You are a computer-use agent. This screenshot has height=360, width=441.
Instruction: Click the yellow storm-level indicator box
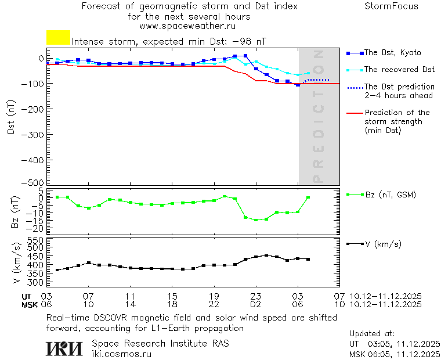[x=58, y=37]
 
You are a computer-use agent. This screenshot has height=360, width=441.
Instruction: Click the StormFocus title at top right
[x=391, y=6]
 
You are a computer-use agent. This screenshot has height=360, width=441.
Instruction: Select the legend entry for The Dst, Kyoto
[x=392, y=53]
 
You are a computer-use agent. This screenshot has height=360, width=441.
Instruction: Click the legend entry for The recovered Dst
[x=399, y=70]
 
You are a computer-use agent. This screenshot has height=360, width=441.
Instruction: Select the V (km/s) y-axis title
[x=16, y=265]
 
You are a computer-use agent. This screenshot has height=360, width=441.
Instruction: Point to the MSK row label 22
[x=214, y=304]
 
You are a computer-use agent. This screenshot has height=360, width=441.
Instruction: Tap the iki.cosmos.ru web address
[x=121, y=354]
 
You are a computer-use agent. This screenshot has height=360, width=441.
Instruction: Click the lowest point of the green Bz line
[x=256, y=220]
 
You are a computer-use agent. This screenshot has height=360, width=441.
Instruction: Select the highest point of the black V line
[x=266, y=255]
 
